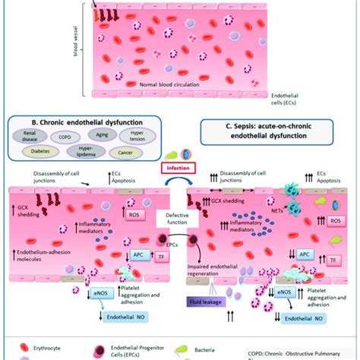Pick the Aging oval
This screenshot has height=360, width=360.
click(x=117, y=134)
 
